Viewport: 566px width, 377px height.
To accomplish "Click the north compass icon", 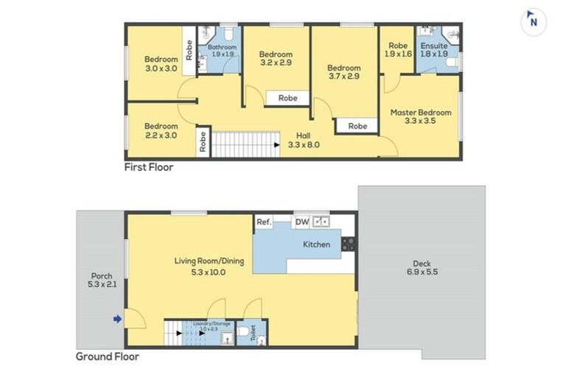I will point(533,21).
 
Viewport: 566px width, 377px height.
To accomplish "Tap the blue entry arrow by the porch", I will point(116,319).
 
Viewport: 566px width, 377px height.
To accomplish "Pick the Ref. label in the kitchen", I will point(264,222).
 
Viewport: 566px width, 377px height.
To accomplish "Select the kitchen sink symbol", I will point(322,221).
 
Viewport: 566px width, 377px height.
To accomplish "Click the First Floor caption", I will point(149,167).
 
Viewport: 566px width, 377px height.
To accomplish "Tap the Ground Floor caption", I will point(108,356).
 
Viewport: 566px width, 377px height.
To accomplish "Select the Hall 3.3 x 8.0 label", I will point(303,140).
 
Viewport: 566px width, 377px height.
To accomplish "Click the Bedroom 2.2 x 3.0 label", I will point(161,130).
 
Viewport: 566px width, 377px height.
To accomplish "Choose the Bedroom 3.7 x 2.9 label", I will point(343,71).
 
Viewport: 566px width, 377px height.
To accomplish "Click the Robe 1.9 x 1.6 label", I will point(398,49).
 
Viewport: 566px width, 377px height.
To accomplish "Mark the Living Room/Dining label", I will point(200,266).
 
